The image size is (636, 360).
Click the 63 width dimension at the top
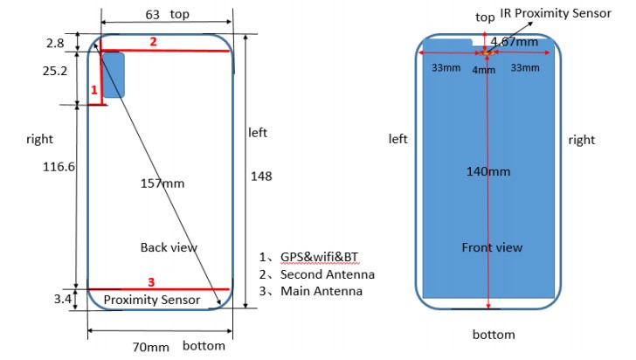153,15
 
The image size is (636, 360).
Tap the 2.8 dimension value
55,43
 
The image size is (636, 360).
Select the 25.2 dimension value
55,71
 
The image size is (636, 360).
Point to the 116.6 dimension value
59,166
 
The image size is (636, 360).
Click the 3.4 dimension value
63,299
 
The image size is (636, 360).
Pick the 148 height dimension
261,177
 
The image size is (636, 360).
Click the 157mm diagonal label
162,183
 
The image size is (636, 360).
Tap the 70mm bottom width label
150,347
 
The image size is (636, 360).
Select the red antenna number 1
94,90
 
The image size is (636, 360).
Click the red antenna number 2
153,41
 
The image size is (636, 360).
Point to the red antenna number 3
151,281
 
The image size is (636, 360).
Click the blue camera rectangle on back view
114,75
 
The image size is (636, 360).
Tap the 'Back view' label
169,247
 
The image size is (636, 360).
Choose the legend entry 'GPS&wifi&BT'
319,257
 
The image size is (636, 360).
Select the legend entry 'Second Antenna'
328,274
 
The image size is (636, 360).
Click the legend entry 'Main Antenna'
321,291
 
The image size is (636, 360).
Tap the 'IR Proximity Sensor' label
556,13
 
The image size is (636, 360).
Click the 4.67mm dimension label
515,42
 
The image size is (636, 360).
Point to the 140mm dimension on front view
488,171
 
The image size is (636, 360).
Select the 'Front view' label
492,247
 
